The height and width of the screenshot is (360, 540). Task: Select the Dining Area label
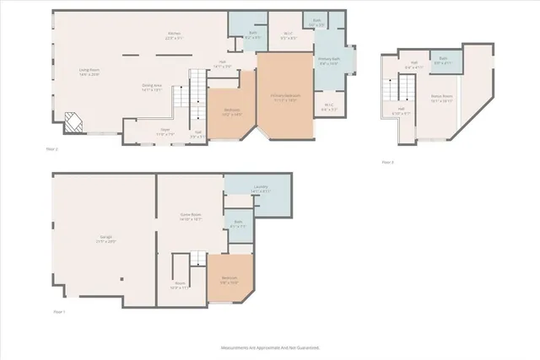(x=153, y=87)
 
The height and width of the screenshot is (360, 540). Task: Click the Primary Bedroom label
(x=284, y=97)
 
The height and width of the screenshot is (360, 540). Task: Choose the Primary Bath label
(x=328, y=61)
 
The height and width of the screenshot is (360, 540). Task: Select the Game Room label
(x=190, y=216)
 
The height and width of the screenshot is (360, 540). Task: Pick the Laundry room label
(x=260, y=189)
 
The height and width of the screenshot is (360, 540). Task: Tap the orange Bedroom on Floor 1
(x=229, y=281)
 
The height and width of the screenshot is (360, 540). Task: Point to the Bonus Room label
(x=442, y=98)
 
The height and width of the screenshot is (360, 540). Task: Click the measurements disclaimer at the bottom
(x=270, y=347)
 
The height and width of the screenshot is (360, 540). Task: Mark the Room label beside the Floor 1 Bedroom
(x=179, y=285)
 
